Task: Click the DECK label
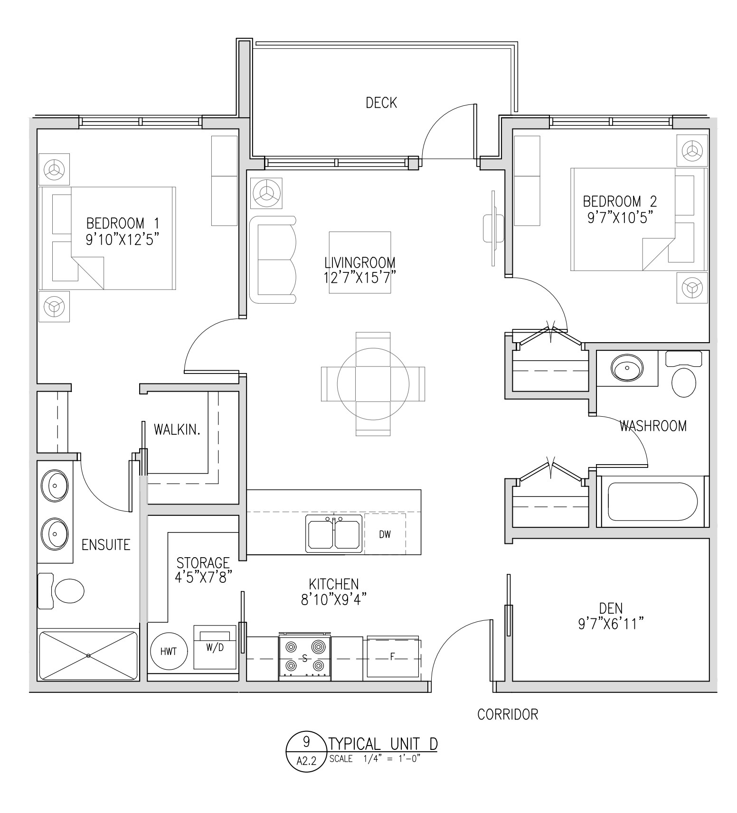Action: [x=381, y=103]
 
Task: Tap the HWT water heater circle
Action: [x=168, y=651]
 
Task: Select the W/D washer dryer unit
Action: [x=215, y=647]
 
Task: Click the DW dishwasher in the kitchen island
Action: [x=385, y=534]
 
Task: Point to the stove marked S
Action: [x=304, y=657]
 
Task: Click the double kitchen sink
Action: [x=333, y=533]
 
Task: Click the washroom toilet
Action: [x=684, y=374]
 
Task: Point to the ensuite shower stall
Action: [x=88, y=655]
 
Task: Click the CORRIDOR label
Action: [x=508, y=714]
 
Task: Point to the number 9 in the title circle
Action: [x=306, y=740]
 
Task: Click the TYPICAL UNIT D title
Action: [x=383, y=743]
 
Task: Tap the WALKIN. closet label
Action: [x=177, y=430]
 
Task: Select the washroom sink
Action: [x=627, y=368]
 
